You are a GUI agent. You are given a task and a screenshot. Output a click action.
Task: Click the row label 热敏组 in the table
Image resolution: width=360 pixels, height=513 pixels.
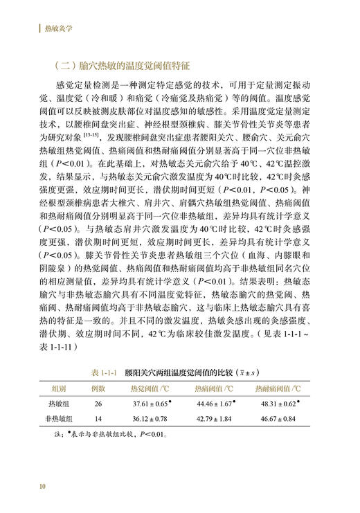[70, 404]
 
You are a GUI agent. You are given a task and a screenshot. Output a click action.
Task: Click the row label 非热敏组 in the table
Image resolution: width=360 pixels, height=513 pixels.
[70, 419]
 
